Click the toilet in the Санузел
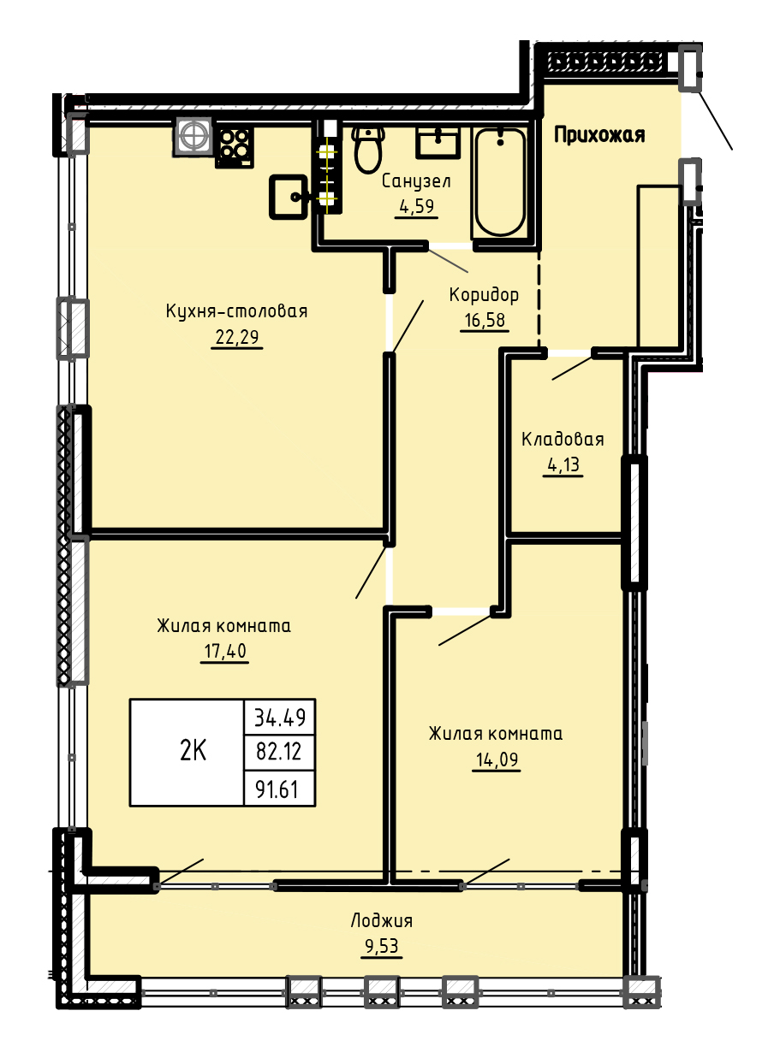[368, 149]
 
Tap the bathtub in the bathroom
[500, 183]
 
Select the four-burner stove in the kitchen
[235, 147]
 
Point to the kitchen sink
[289, 197]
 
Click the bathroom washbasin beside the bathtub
[438, 142]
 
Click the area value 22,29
[237, 337]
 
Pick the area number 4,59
[417, 207]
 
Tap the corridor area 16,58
[485, 320]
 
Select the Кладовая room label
[563, 440]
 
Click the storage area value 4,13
[563, 464]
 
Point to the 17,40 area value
[225, 651]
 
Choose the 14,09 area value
[497, 759]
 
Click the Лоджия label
[382, 920]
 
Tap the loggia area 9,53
[382, 946]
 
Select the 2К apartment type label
[193, 751]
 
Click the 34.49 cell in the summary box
[280, 717]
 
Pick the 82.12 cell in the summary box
[279, 752]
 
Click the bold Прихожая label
[599, 135]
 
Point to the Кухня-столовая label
[236, 311]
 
